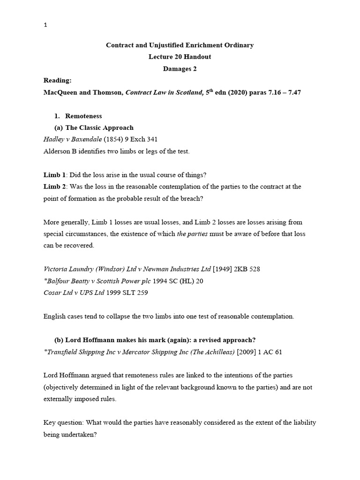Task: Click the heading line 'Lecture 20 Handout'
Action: coord(180,57)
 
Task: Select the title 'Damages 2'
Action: coord(180,68)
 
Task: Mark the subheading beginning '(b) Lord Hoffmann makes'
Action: coord(154,340)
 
